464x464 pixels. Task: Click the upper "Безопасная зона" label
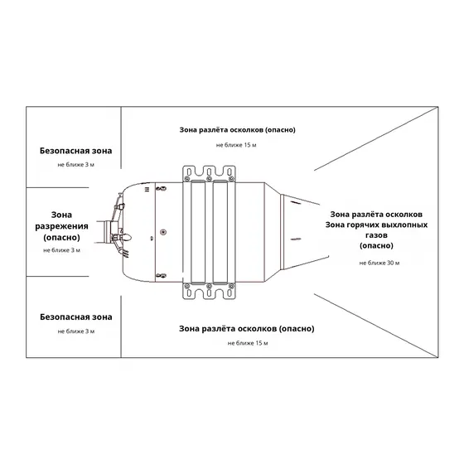[75, 151]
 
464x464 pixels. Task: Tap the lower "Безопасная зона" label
[76, 317]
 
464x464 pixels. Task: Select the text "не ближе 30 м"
[379, 263]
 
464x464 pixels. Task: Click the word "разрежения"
[61, 226]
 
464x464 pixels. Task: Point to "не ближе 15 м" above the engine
[236, 145]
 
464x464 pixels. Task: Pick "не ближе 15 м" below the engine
[248, 343]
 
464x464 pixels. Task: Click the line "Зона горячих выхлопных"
[376, 225]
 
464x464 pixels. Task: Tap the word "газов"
[376, 235]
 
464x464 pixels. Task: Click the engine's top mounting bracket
[209, 173]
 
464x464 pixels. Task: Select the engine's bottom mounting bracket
[209, 291]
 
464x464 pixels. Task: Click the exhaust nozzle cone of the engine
[302, 232]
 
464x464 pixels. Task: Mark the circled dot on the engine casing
[163, 232]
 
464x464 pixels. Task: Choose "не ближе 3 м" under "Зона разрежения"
[61, 250]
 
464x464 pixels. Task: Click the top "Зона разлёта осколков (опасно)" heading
[237, 130]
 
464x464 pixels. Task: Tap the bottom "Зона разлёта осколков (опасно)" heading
[247, 329]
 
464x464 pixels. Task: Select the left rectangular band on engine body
[198, 232]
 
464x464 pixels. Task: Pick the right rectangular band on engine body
[220, 232]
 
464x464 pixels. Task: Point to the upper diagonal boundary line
[376, 139]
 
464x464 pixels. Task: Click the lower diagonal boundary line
[376, 326]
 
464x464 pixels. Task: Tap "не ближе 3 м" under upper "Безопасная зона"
[75, 165]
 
